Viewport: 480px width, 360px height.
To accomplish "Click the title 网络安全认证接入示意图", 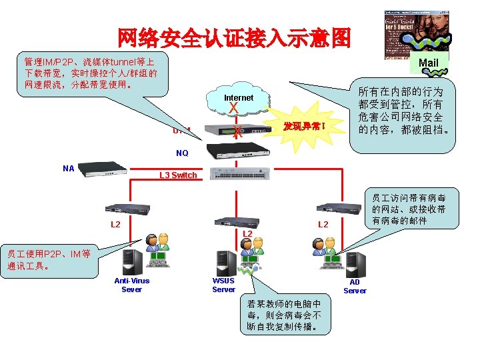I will (x=233, y=38).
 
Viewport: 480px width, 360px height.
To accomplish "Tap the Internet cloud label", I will (x=238, y=98).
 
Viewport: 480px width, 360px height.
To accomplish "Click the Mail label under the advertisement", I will (x=428, y=63).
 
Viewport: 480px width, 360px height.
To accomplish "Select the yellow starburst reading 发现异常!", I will (x=303, y=125).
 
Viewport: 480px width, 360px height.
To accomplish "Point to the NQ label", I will (x=182, y=153).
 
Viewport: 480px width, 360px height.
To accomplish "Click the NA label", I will (x=68, y=169).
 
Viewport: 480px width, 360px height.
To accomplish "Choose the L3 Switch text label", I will (x=178, y=175).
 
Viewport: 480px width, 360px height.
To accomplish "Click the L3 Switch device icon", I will (x=242, y=173).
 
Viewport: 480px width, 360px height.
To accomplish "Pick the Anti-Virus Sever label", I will (x=131, y=285).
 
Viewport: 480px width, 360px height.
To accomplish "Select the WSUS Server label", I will (x=223, y=285).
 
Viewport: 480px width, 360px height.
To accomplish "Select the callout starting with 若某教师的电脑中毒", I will (x=284, y=313).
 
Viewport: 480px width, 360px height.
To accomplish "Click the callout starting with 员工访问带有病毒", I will (x=408, y=209).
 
